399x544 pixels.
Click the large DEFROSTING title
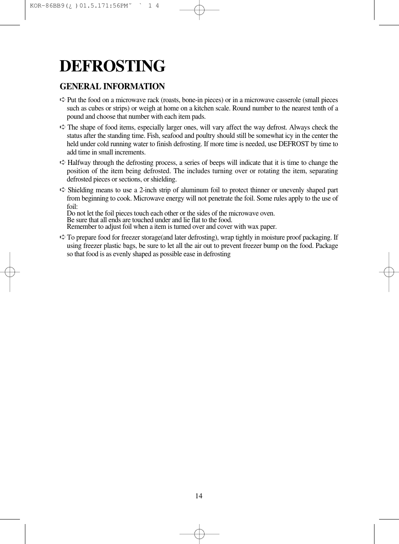click(x=112, y=66)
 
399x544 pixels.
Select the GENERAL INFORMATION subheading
click(x=112, y=86)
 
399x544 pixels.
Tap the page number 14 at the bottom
click(x=199, y=496)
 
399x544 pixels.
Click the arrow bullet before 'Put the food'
click(x=62, y=100)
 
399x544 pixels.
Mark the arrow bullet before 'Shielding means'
click(x=62, y=190)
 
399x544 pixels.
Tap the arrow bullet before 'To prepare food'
click(x=62, y=238)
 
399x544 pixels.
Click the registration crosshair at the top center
click(x=199, y=11)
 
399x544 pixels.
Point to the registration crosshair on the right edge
click(x=389, y=272)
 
